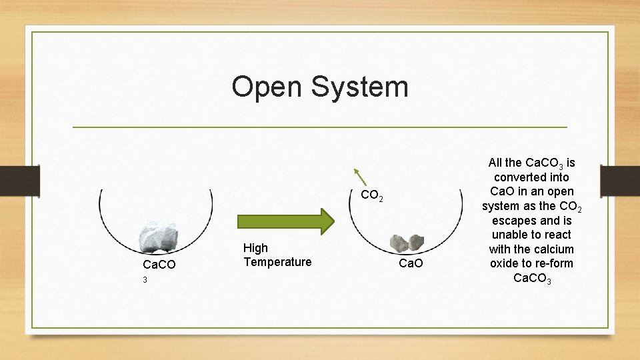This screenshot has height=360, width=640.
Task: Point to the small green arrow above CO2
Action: [x=360, y=177]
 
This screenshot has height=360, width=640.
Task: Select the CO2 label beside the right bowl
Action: [x=371, y=196]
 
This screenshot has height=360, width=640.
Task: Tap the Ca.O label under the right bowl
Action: [x=411, y=265]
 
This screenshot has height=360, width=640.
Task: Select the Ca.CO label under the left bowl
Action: [x=159, y=265]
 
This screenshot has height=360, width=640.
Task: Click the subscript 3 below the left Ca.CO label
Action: [x=145, y=280]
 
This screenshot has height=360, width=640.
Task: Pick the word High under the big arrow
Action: [x=256, y=248]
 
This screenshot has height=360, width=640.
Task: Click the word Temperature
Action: [x=277, y=262]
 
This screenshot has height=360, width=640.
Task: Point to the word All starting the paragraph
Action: [x=497, y=163]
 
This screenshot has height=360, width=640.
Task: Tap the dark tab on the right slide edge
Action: [x=619, y=179]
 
